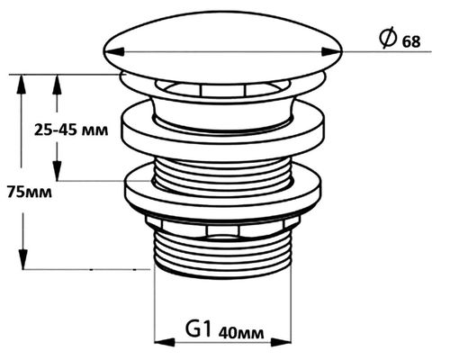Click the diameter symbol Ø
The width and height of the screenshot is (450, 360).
click(x=388, y=39)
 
